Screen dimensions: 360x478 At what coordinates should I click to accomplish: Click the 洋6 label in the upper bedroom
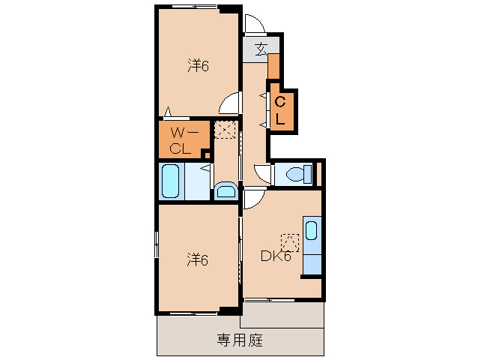click(197, 66)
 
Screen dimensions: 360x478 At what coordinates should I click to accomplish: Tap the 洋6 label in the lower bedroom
click(197, 260)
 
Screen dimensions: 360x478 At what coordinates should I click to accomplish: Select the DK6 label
click(275, 256)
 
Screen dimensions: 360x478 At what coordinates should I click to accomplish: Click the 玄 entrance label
click(260, 50)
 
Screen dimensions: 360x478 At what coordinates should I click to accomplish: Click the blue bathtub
click(170, 181)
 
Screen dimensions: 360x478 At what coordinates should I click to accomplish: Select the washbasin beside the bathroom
click(225, 190)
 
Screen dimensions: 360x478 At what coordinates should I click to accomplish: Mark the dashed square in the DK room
click(289, 242)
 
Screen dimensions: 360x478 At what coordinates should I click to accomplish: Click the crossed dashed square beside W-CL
click(225, 130)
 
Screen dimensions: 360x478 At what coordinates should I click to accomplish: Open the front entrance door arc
click(254, 25)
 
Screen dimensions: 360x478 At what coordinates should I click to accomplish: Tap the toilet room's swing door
click(262, 175)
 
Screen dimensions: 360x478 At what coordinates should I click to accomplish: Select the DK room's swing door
click(251, 199)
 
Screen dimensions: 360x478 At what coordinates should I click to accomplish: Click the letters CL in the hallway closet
click(280, 109)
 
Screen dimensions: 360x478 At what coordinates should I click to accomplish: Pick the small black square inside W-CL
click(206, 154)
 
